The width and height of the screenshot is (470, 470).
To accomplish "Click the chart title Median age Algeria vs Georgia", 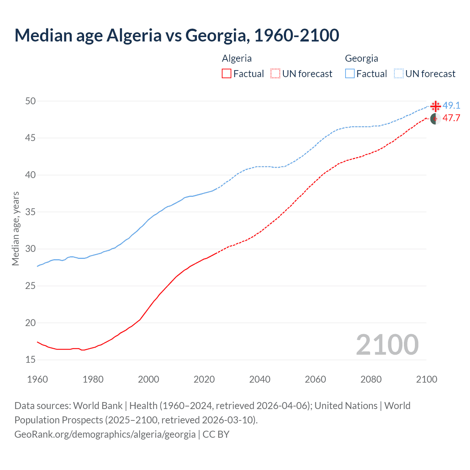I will point(177,35).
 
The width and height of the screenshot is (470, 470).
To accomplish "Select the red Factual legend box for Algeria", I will point(227,73).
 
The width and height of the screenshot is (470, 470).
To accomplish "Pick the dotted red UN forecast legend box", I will point(275,73).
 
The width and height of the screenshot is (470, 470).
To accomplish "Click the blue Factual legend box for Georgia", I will point(350,73).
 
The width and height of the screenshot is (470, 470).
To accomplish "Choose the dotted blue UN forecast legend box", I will point(399,73).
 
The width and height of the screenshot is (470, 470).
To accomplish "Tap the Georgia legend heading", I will point(361,58).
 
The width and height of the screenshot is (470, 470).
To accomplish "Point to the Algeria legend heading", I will point(237,58).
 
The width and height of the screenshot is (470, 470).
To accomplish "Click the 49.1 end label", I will point(451,106).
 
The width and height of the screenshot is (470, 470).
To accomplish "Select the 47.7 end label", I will point(451,118).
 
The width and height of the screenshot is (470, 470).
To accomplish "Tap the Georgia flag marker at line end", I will point(435,106).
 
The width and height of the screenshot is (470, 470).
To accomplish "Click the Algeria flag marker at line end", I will point(435,119).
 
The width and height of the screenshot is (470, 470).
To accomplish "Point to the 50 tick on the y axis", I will point(30,101).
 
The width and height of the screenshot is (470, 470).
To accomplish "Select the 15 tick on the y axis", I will point(30,360).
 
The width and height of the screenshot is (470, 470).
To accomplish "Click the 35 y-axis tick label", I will point(30,212).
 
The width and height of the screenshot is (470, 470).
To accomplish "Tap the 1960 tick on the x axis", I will point(37,379).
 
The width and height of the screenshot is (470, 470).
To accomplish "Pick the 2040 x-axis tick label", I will point(260,379).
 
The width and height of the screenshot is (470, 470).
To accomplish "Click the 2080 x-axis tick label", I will point(371,379).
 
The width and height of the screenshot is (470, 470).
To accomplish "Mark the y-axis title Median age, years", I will point(15,228).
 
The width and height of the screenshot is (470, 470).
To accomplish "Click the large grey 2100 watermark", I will point(387,345).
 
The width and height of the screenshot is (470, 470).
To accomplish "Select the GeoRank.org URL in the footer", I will point(105,434).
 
